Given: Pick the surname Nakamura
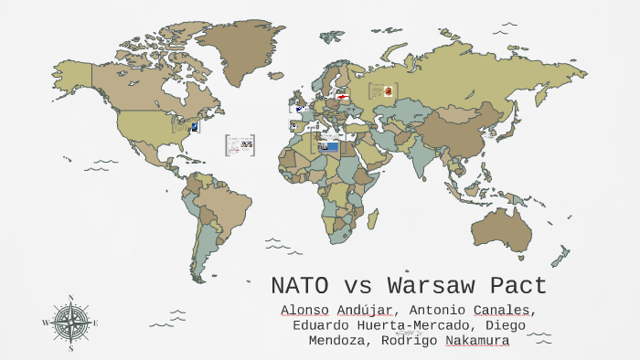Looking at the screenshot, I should pyautogui.click(x=476, y=341).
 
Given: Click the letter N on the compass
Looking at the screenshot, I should pyautogui.click(x=70, y=298).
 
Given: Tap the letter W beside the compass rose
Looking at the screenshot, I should pyautogui.click(x=46, y=323).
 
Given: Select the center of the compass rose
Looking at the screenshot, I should pyautogui.click(x=70, y=323).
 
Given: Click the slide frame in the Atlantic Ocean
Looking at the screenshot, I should pyautogui.click(x=239, y=144).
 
